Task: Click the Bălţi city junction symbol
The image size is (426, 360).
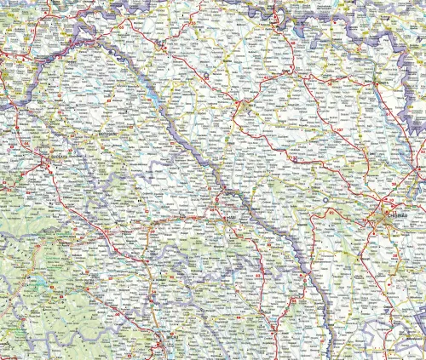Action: pyautogui.click(x=246, y=106)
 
